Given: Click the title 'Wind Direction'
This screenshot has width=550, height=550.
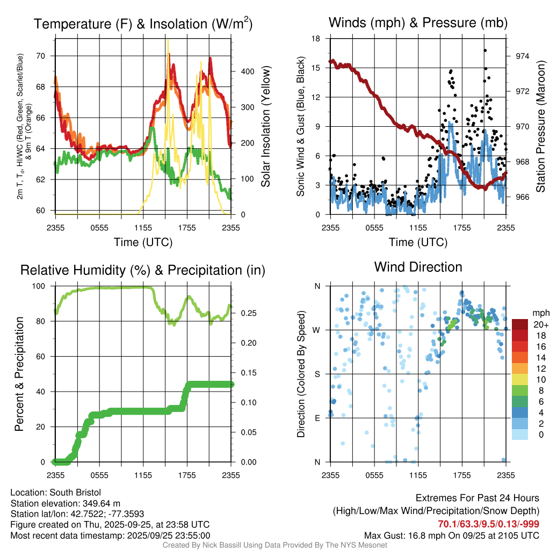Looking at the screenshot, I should point(418,267).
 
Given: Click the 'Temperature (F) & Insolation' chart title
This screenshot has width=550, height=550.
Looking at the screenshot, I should point(143,24).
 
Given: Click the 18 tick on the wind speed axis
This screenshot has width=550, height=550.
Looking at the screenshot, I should point(316,39).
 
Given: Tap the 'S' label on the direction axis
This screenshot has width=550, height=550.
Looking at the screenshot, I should point(317,374).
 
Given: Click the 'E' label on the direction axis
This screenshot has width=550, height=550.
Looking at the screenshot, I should point(317,418).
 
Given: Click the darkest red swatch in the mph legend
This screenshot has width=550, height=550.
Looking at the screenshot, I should point(520,324).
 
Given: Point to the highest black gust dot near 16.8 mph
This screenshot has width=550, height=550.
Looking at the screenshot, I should point(485,50).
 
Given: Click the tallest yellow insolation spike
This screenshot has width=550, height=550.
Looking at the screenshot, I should point(168,41).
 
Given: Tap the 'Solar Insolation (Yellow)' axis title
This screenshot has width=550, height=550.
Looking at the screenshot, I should point(265,127).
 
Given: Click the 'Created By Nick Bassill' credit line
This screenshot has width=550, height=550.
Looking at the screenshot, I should point(274,545).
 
